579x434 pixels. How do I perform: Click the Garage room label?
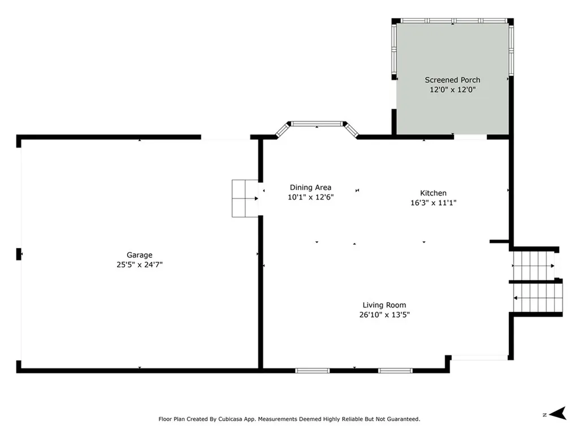139,255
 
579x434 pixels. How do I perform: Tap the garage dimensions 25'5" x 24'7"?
139,264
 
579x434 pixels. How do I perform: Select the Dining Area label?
310,188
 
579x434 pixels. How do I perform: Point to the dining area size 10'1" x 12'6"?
310,197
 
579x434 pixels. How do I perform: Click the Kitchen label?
433,193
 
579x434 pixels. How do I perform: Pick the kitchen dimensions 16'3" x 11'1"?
433,202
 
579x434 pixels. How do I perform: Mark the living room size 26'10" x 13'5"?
384,315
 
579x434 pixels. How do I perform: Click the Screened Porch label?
452,80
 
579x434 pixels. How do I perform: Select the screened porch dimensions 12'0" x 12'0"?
452,89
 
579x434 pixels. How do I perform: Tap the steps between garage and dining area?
245,198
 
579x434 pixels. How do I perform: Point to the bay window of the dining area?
316,123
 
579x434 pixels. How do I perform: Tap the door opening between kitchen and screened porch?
470,137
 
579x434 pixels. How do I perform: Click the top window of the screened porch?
453,20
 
